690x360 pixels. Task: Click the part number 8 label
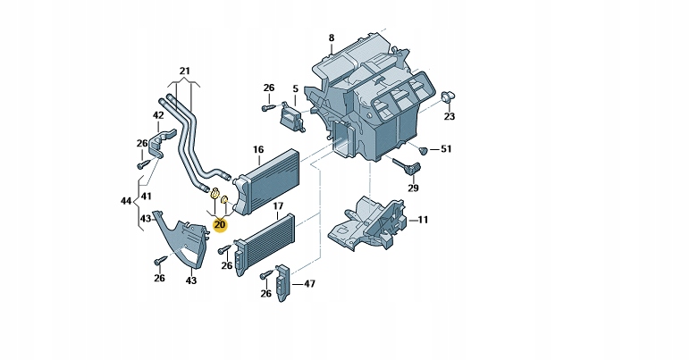click(x=331, y=38)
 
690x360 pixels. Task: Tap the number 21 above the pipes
click(x=185, y=71)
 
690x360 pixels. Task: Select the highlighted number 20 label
click(x=220, y=224)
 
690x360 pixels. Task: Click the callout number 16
click(x=258, y=149)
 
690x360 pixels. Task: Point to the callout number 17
click(x=278, y=215)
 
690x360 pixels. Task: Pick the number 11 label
click(x=423, y=219)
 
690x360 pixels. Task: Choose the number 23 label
click(x=450, y=117)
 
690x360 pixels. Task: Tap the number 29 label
click(x=413, y=188)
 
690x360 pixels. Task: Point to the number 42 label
click(x=158, y=115)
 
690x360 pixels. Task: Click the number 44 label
click(x=126, y=203)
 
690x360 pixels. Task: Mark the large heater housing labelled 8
click(x=375, y=103)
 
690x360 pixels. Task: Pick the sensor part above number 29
click(x=407, y=167)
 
